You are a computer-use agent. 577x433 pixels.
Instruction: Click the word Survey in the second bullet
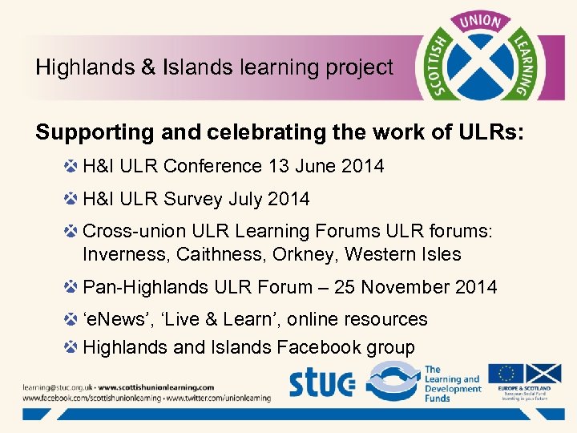pyautogui.click(x=196, y=198)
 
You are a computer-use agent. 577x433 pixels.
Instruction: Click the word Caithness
pyautogui.click(x=237, y=254)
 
